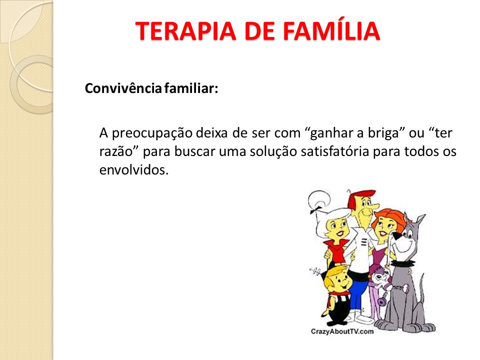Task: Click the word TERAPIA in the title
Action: coord(186,31)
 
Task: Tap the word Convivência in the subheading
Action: coord(123,88)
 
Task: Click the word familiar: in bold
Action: coord(191,88)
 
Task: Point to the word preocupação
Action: coord(152,133)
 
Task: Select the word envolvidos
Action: coord(134,169)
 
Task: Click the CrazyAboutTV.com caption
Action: coord(342,331)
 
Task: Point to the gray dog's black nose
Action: coord(397,236)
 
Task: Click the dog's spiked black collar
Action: coord(402,263)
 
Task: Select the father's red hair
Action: coord(361,197)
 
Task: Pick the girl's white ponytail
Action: coord(318,200)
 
